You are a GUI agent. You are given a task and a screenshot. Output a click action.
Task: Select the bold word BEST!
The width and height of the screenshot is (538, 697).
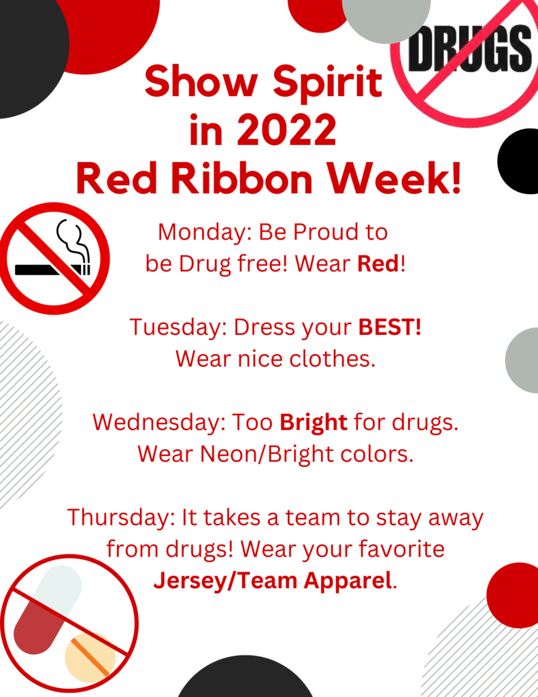pyautogui.click(x=390, y=327)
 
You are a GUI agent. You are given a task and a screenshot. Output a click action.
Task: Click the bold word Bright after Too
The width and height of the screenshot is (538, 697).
pyautogui.click(x=314, y=423)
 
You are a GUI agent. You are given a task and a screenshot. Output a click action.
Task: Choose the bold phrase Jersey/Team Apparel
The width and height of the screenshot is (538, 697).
pyautogui.click(x=273, y=581)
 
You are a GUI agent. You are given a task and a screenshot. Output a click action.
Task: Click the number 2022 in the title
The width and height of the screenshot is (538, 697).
pyautogui.click(x=287, y=129)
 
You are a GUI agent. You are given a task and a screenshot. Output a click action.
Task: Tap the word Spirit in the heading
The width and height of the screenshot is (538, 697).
pyautogui.click(x=327, y=82)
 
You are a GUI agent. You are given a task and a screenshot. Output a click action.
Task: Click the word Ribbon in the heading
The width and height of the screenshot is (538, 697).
pyautogui.click(x=241, y=178)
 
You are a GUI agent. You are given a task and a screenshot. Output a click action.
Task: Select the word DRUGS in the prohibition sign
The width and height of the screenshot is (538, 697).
pyautogui.click(x=469, y=48)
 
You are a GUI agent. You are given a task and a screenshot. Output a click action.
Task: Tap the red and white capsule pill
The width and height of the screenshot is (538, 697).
pyautogui.click(x=48, y=609)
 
